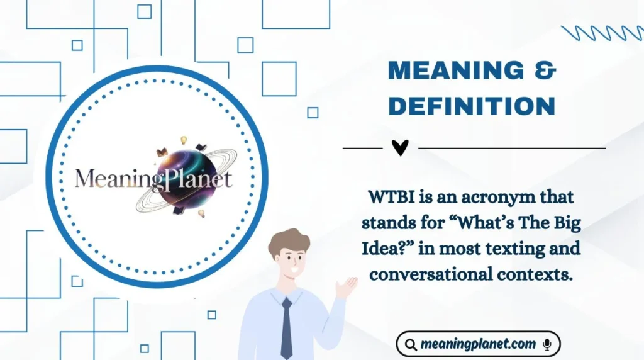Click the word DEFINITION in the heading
[472, 106]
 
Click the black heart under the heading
[400, 147]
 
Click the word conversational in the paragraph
[433, 274]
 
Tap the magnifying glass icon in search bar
[411, 345]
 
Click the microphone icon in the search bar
[547, 344]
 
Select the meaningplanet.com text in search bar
[478, 344]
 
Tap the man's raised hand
[345, 287]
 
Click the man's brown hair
[287, 240]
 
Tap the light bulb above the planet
[184, 140]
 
